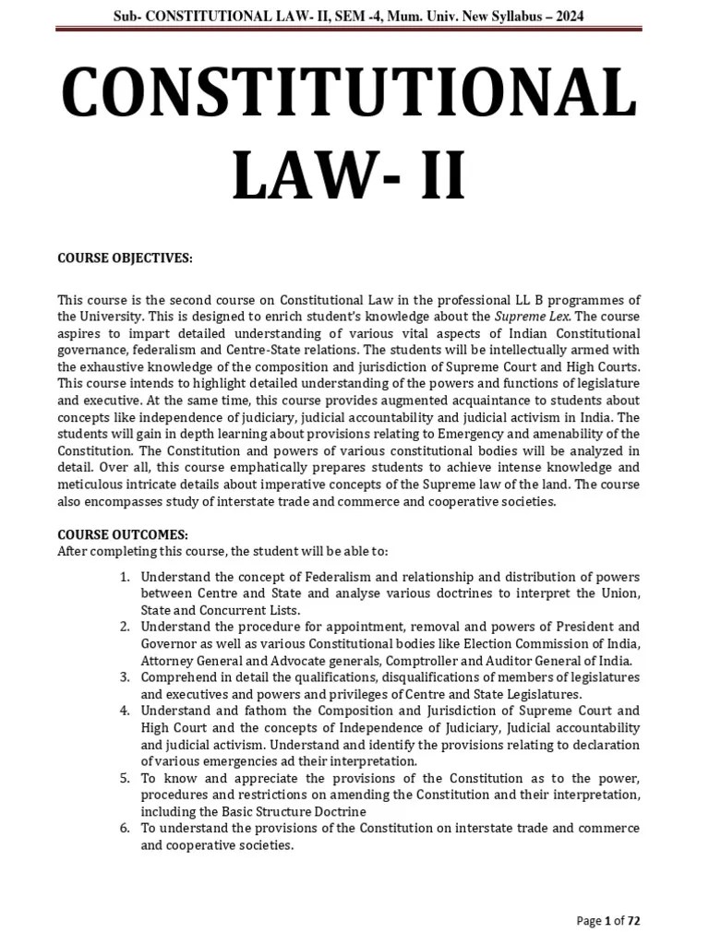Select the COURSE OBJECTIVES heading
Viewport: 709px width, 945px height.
tap(126, 258)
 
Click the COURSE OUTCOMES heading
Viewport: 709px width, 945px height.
tap(123, 534)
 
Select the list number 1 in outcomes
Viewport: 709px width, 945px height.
tap(126, 577)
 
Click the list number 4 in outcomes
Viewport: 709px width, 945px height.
tap(126, 710)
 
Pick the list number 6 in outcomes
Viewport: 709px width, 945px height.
tap(126, 828)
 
